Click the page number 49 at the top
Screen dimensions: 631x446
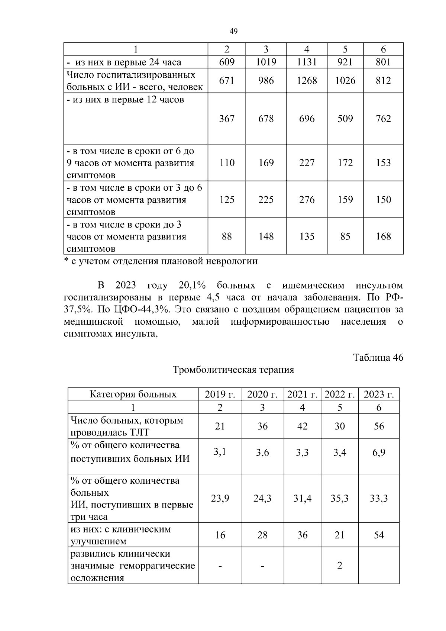pyautogui.click(x=233, y=31)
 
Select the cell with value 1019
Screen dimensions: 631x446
pyautogui.click(x=266, y=62)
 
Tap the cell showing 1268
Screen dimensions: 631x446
pyautogui.click(x=307, y=81)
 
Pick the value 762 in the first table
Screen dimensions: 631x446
pyautogui.click(x=383, y=119)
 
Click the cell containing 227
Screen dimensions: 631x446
pyautogui.click(x=307, y=163)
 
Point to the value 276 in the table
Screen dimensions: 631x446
pyautogui.click(x=307, y=200)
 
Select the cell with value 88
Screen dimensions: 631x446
pyautogui.click(x=226, y=236)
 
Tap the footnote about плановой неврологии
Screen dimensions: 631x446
pyautogui.click(x=161, y=261)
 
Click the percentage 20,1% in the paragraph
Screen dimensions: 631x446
pyautogui.click(x=192, y=286)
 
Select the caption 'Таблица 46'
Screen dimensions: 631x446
pyautogui.click(x=378, y=358)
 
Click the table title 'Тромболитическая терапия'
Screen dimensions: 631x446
pyautogui.click(x=233, y=370)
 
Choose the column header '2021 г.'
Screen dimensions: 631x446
pyautogui.click(x=302, y=395)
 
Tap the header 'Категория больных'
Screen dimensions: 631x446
pyautogui.click(x=133, y=395)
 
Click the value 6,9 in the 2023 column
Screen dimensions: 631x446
pyautogui.click(x=379, y=453)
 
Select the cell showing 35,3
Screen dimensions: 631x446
pyautogui.click(x=339, y=498)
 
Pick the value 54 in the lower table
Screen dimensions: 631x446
pyautogui.click(x=379, y=535)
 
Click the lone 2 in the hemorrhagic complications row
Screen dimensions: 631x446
pyautogui.click(x=339, y=566)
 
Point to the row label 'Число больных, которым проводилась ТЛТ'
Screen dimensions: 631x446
pyautogui.click(x=127, y=426)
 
